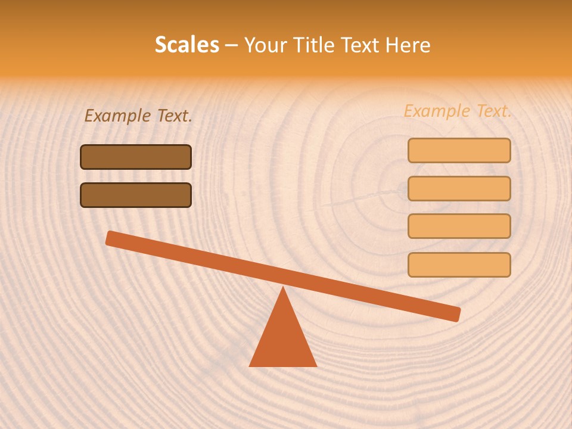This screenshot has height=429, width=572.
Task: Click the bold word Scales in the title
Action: tap(186, 45)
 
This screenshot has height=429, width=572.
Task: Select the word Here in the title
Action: tap(406, 45)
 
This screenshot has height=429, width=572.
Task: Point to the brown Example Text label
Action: tap(138, 116)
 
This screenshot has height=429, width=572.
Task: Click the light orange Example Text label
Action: tap(458, 111)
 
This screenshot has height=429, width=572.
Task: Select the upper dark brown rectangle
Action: tap(136, 157)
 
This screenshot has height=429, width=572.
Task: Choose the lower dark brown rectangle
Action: tap(136, 195)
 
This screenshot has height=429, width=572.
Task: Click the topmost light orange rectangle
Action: tap(459, 150)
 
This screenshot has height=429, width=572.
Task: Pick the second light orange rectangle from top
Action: tap(459, 188)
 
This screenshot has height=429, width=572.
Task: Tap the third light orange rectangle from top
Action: tap(459, 226)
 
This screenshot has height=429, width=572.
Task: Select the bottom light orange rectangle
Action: tap(459, 265)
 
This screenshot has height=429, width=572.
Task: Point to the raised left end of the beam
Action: tap(111, 238)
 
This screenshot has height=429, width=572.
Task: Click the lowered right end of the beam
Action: tap(455, 313)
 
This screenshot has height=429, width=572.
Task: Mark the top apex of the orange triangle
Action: tap(283, 288)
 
